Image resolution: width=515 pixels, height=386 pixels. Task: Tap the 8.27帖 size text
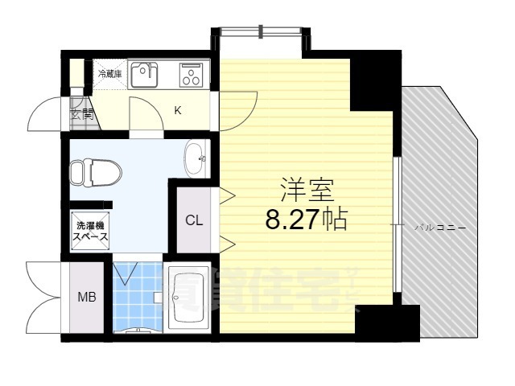pyautogui.click(x=306, y=219)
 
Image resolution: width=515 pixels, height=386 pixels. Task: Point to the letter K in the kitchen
pyautogui.click(x=178, y=111)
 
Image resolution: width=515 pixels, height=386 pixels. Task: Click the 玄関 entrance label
pyautogui.click(x=82, y=114)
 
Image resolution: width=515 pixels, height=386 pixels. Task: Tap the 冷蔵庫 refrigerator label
pyautogui.click(x=109, y=74)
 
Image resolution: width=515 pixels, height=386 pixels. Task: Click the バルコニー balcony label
pyautogui.click(x=439, y=228)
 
